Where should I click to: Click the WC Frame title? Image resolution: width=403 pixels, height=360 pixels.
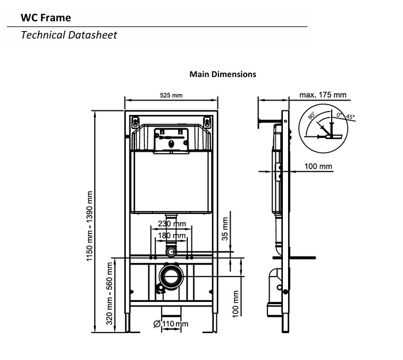[x=46, y=18]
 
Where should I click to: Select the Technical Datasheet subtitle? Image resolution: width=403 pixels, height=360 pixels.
[x=69, y=35]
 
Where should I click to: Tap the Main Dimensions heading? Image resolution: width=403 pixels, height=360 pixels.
[x=223, y=74]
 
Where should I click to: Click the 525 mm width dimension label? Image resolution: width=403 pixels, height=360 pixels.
[x=171, y=95]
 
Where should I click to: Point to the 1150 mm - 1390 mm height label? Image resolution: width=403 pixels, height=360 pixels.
[x=89, y=226]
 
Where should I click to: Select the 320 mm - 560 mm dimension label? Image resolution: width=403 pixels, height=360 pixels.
[x=109, y=293]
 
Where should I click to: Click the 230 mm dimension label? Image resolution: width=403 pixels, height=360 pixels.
[x=172, y=224]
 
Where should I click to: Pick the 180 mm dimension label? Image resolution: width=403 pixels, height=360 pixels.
[x=171, y=236]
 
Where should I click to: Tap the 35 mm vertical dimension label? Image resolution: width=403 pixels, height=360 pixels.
[x=225, y=229]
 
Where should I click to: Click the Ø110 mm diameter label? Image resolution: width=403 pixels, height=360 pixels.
[x=171, y=324]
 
